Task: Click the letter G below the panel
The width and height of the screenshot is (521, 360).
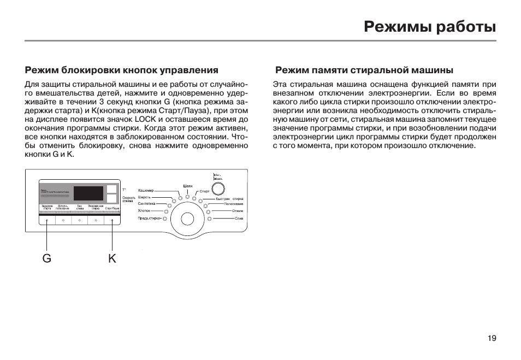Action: (47, 258)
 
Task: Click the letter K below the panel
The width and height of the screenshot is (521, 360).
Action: (112, 258)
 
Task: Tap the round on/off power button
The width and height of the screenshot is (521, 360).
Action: (218, 189)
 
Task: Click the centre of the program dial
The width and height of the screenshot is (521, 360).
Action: (187, 220)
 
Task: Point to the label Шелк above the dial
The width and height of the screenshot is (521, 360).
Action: (187, 186)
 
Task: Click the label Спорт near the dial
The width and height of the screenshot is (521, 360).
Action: (204, 192)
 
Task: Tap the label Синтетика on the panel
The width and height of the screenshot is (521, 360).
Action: (147, 204)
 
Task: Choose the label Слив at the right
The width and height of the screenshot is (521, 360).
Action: (239, 218)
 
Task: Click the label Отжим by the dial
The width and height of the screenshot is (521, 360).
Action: (238, 211)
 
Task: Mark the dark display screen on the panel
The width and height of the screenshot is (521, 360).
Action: (88, 193)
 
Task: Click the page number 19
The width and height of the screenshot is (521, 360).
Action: (492, 338)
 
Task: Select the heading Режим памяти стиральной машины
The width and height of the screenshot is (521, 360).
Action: (364, 70)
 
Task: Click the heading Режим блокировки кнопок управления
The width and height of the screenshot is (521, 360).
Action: (121, 70)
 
